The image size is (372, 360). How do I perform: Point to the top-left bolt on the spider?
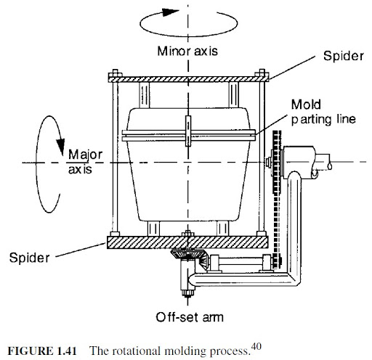click(x=114, y=73)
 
